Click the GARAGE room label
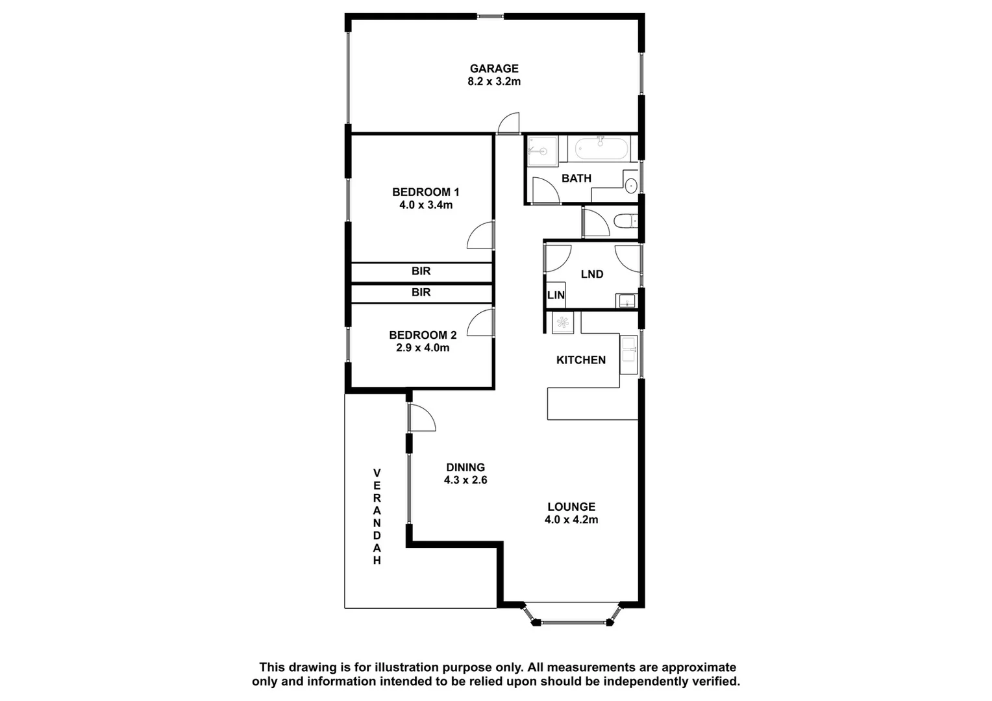coord(494,68)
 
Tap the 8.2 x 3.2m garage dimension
coord(494,82)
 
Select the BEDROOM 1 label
coord(425,192)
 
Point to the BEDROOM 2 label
coord(423,335)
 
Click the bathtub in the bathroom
coord(601,149)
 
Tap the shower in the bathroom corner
coord(542,151)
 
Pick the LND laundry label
coord(591,275)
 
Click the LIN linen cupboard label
coord(556,295)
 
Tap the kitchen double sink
coord(628,354)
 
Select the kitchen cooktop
coord(562,323)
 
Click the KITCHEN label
coord(580,360)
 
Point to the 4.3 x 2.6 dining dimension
coord(465,480)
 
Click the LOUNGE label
coord(571,507)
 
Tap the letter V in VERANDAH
coord(377,473)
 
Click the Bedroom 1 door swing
coord(481,236)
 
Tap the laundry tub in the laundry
coord(626,301)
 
